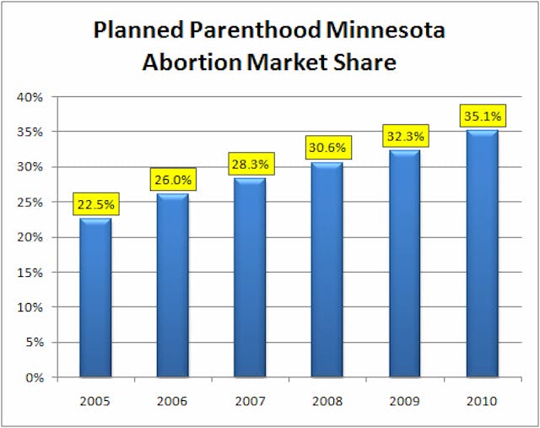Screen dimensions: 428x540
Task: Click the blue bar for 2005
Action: pos(95,297)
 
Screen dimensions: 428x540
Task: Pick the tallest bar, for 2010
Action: pos(482,253)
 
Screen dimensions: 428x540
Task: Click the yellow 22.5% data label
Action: pos(95,203)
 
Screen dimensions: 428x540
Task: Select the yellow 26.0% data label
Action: pos(173,179)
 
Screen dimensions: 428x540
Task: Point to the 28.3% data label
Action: pos(250,163)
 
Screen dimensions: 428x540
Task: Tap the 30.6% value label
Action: pos(327,147)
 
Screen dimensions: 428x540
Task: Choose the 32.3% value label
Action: pos(405,135)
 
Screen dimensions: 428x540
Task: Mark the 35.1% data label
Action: pos(482,116)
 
